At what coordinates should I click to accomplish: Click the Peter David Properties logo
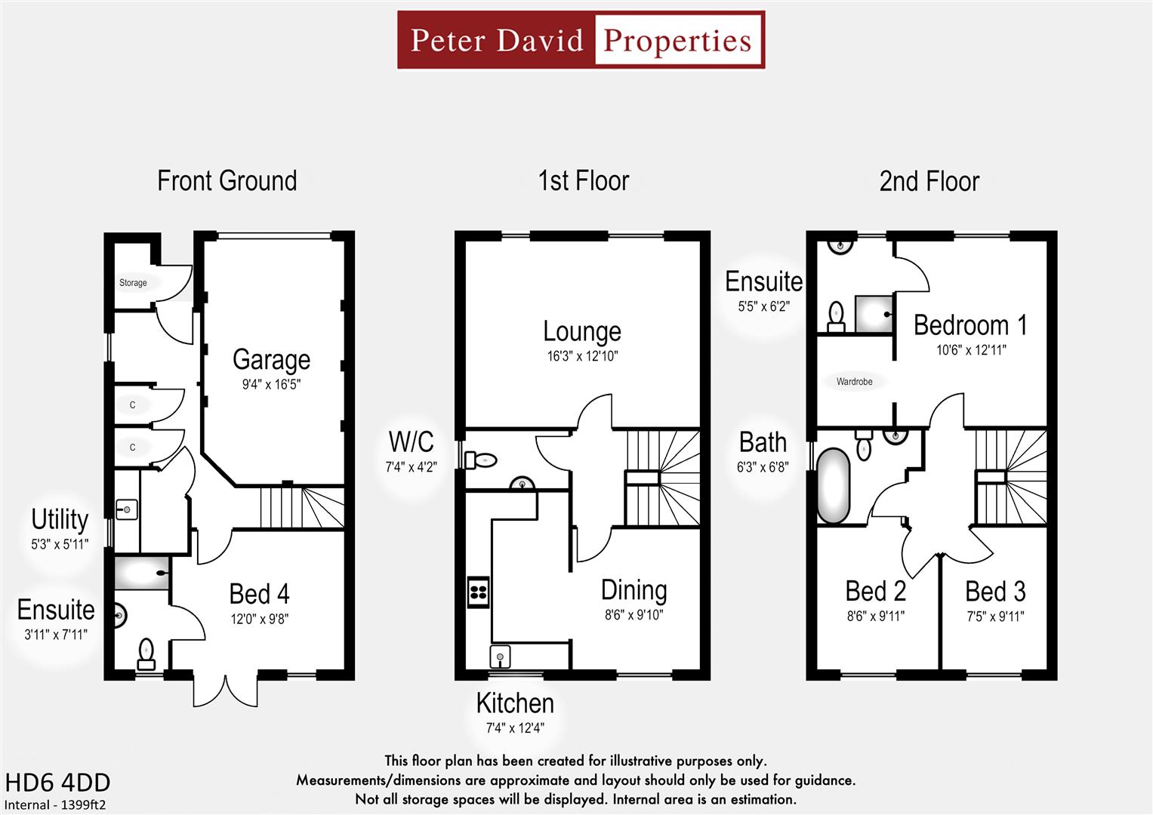pyautogui.click(x=581, y=40)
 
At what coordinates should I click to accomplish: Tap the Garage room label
pyautogui.click(x=271, y=360)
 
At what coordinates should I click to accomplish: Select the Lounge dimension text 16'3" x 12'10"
pyautogui.click(x=582, y=356)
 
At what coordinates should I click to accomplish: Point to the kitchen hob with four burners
pyautogui.click(x=478, y=592)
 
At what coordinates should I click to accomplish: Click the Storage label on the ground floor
pyautogui.click(x=133, y=283)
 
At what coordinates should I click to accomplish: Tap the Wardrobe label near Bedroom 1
pyautogui.click(x=854, y=382)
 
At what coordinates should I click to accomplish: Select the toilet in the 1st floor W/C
pyautogui.click(x=480, y=460)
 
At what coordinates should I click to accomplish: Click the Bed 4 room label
pyautogui.click(x=259, y=595)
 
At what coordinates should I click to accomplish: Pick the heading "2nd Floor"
pyautogui.click(x=929, y=182)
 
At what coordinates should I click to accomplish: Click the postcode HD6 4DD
pyautogui.click(x=57, y=783)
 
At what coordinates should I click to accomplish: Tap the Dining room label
pyautogui.click(x=634, y=590)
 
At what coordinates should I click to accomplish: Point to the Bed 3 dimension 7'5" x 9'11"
pyautogui.click(x=995, y=617)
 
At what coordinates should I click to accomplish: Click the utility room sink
pyautogui.click(x=126, y=510)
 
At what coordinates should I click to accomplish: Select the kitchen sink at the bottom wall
pyautogui.click(x=500, y=657)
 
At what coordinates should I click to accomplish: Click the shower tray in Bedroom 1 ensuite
pyautogui.click(x=873, y=314)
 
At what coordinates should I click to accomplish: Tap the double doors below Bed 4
pyautogui.click(x=225, y=688)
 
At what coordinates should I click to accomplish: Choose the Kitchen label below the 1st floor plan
pyautogui.click(x=515, y=703)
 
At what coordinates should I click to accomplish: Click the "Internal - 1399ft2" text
pyautogui.click(x=56, y=805)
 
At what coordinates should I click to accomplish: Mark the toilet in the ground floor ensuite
pyautogui.click(x=146, y=653)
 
